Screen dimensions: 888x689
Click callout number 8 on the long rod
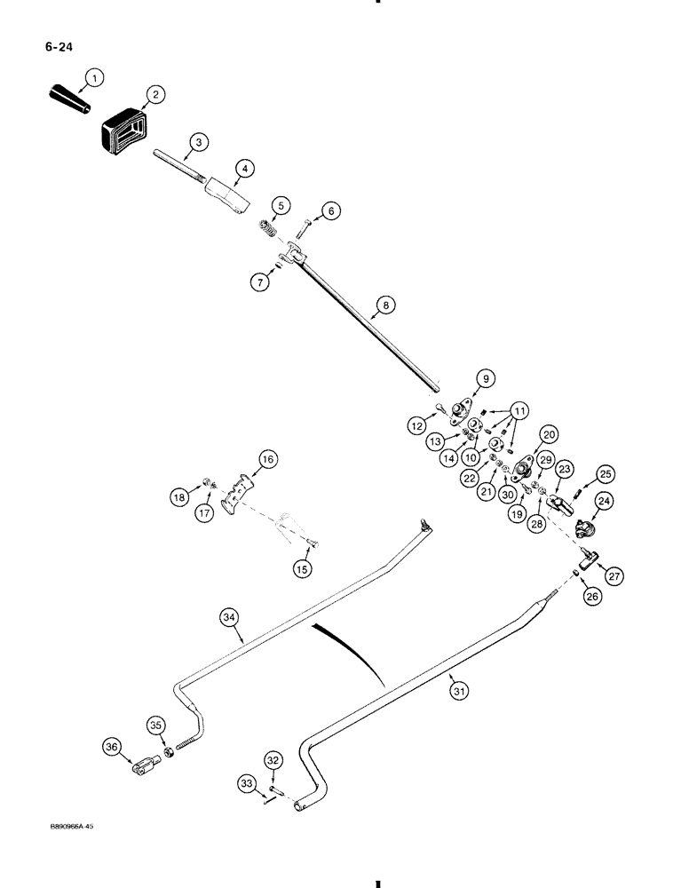coord(384,305)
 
